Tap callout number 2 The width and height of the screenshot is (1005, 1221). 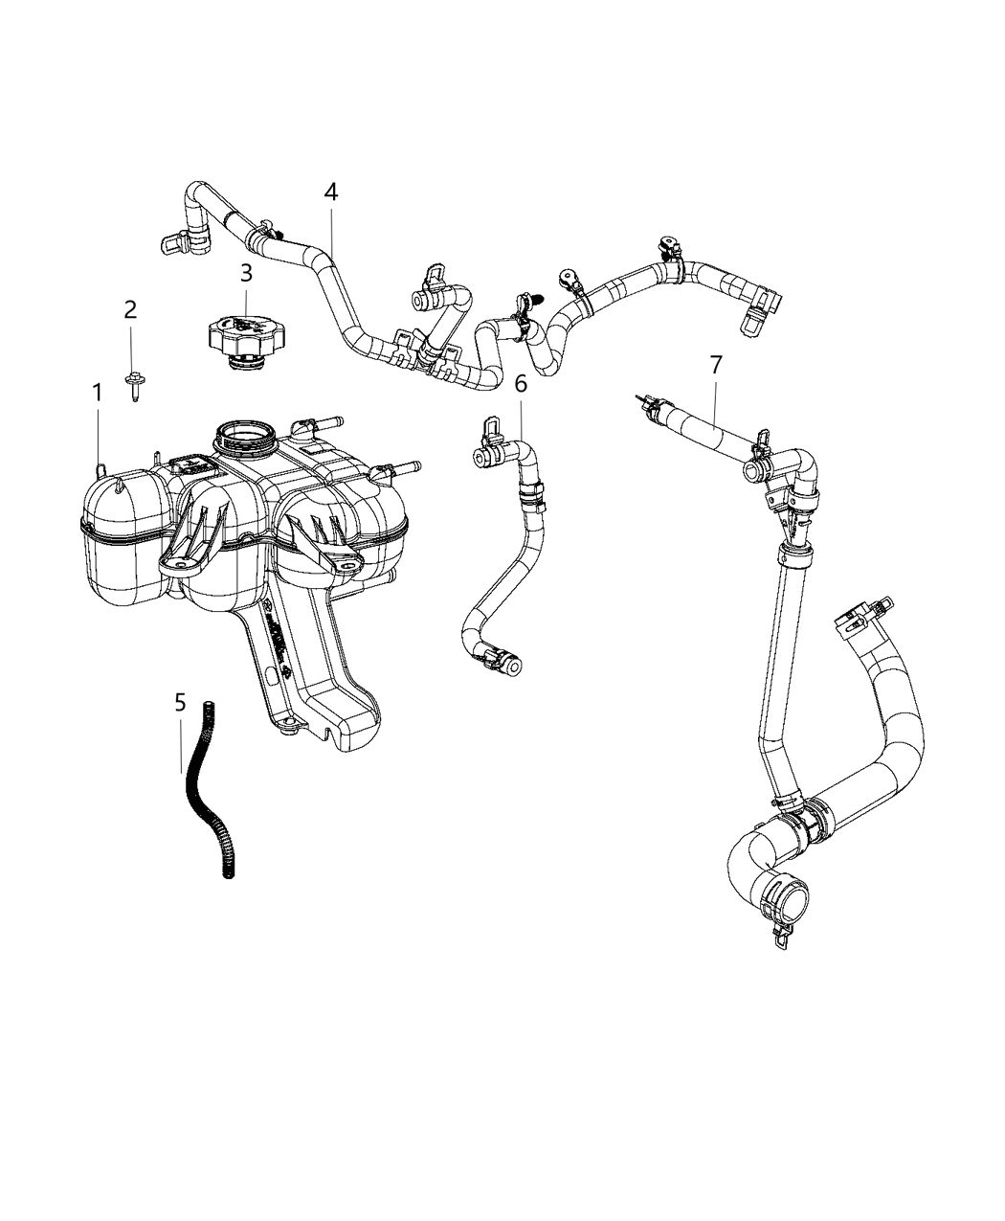point(131,309)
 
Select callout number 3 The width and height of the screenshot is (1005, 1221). point(246,273)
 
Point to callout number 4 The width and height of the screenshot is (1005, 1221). point(330,192)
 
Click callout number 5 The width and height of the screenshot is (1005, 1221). point(180,704)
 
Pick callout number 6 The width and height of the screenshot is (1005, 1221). point(521,384)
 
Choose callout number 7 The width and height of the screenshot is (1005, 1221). point(716,365)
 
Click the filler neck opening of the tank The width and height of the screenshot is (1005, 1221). point(246,440)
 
